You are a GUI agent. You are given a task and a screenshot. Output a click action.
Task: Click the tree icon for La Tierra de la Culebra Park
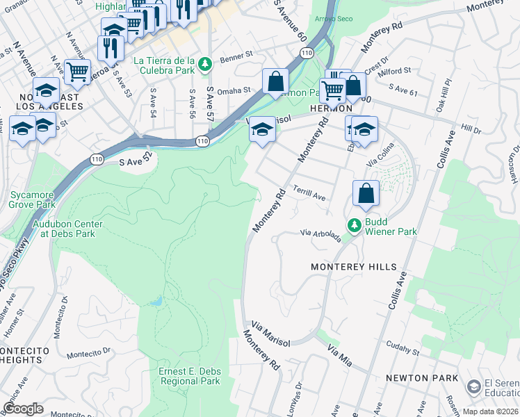[x=204, y=65]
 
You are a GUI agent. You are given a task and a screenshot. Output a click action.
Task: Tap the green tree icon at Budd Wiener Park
[x=355, y=225]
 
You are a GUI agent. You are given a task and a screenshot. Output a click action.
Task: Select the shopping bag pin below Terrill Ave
[x=366, y=193]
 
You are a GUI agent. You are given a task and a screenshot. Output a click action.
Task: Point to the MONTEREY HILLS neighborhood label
[x=353, y=267]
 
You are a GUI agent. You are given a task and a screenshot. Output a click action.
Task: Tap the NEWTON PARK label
[x=423, y=378]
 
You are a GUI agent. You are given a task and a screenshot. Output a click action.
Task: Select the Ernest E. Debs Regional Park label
[x=189, y=376]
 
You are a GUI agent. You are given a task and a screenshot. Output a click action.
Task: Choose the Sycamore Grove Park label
[x=31, y=200]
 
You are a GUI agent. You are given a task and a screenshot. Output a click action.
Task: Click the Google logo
[x=23, y=408]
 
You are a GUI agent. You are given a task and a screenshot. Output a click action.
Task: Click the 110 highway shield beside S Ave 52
[x=96, y=161]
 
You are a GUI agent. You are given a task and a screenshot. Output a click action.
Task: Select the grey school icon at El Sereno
[x=474, y=386]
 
